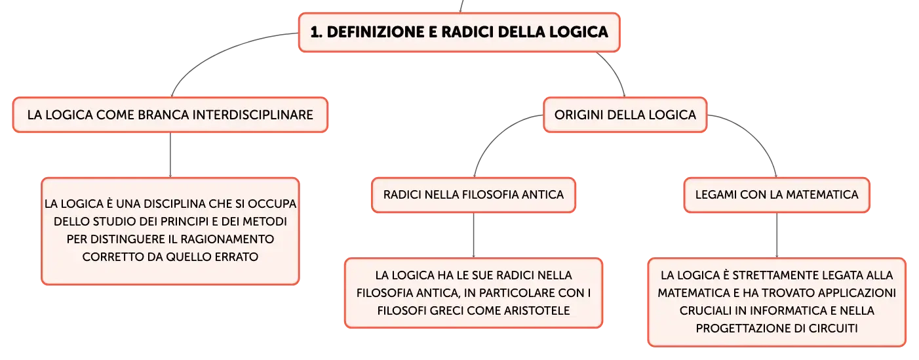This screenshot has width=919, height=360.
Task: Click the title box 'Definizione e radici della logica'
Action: point(459,32)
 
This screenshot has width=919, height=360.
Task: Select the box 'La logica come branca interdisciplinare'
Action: point(170,115)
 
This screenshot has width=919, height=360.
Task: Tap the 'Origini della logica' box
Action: point(625,115)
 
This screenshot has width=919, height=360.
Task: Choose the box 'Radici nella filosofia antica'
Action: point(473,195)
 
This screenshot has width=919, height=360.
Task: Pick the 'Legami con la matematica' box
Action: point(777,195)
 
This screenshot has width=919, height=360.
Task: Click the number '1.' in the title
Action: point(317,32)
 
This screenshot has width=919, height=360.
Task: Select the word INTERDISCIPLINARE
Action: point(253,115)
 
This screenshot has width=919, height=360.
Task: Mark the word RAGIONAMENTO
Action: point(227,239)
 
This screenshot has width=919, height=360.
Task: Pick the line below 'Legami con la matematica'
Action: point(777,235)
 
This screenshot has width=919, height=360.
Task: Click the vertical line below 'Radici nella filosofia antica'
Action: point(473,235)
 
